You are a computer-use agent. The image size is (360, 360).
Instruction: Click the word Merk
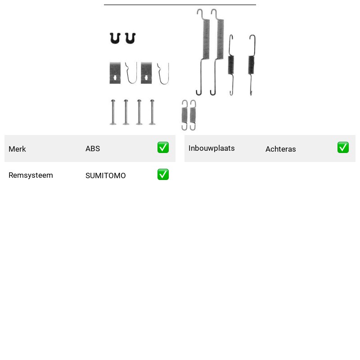pos(17,149)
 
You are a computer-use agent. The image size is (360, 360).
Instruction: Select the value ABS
pos(93,148)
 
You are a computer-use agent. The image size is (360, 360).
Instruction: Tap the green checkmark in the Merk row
pos(163,148)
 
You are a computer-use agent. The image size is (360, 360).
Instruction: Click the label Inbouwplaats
pos(211,148)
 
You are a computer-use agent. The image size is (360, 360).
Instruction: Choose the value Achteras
pos(280,149)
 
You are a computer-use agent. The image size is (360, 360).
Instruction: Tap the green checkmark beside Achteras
pos(343,148)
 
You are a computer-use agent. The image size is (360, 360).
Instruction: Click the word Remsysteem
pos(31,175)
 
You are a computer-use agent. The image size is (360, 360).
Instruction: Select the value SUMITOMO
pos(106,175)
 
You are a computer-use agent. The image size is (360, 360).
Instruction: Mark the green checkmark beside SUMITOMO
pos(163,175)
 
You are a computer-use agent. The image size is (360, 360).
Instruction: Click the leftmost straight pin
pos(113,112)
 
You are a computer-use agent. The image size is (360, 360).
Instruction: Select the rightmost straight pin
pos(152,112)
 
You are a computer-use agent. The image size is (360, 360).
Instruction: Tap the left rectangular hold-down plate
pos(115,73)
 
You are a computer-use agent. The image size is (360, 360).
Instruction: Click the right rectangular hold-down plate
pos(146,73)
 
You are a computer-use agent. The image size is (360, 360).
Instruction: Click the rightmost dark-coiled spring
pos(252,65)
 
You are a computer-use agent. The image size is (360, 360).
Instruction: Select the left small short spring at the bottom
pos(184,115)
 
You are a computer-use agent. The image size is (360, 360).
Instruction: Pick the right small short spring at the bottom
pos(193,115)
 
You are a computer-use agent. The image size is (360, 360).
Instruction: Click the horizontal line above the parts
pos(180,4)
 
